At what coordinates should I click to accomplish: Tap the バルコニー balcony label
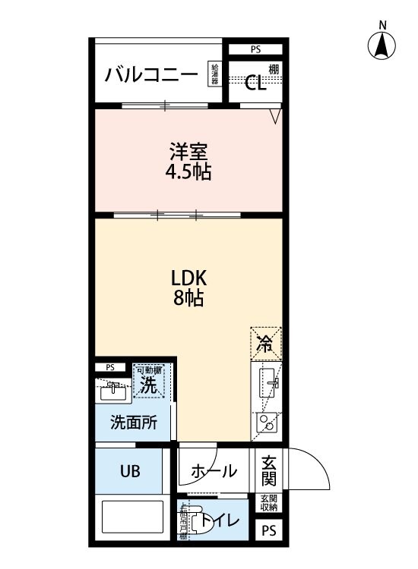pos(152,74)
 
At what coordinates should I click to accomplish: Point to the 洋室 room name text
pos(188,150)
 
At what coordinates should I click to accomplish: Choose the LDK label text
pos(188,277)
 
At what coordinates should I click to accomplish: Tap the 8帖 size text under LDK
pos(188,298)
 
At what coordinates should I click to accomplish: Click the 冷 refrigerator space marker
pos(265,343)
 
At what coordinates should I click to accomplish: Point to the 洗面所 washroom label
pos(133,423)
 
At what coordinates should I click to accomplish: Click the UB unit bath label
pos(128,471)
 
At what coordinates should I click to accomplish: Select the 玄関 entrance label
pos(268,470)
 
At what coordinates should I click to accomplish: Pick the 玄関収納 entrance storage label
pos(268,502)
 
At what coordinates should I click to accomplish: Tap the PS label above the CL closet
pos(255,50)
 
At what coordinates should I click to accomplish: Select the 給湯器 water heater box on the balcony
pos(215,74)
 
